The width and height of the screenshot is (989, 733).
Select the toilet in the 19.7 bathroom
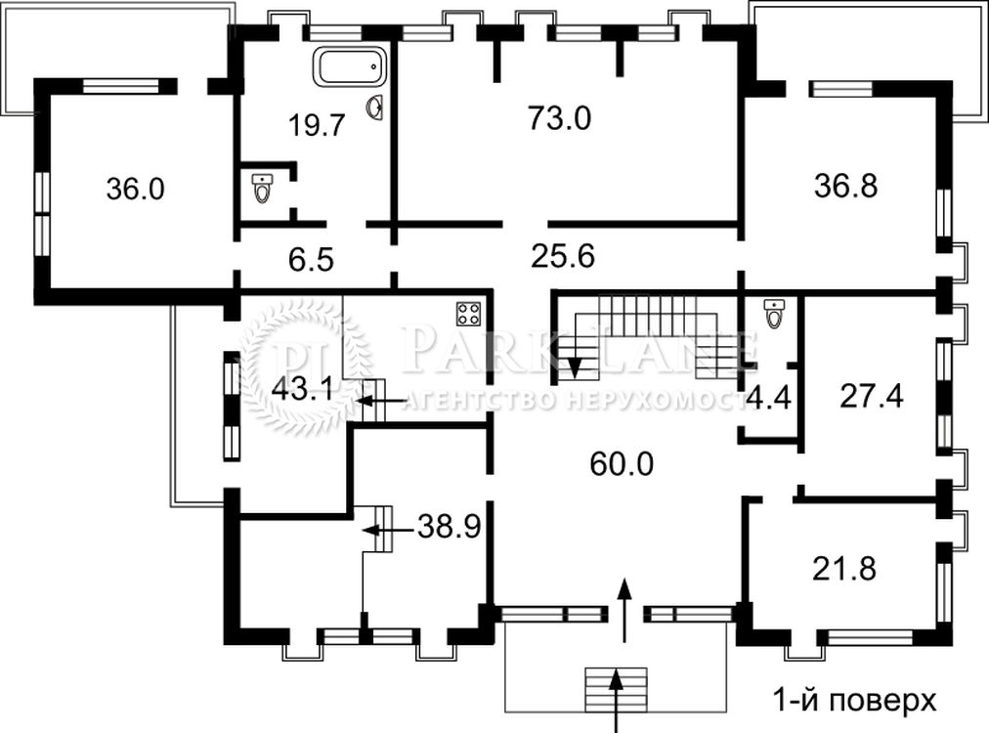261,188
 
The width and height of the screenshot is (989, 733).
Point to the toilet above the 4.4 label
774,314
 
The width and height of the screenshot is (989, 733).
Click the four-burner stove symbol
469,314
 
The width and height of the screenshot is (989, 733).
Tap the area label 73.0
559,118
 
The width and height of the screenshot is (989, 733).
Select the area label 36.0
135,189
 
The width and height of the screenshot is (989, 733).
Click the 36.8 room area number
845,186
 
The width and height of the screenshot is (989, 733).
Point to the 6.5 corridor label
311,260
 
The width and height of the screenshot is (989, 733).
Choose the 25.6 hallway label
563,257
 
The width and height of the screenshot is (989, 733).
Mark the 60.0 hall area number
622,464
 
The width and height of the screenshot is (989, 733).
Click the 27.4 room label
871,396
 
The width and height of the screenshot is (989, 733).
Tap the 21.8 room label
844,569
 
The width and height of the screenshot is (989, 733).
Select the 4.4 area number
768,398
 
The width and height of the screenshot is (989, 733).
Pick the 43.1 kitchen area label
302,390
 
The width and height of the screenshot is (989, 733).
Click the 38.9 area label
450,526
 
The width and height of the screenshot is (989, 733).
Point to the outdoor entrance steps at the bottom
616,689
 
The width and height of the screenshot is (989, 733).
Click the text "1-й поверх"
855,700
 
